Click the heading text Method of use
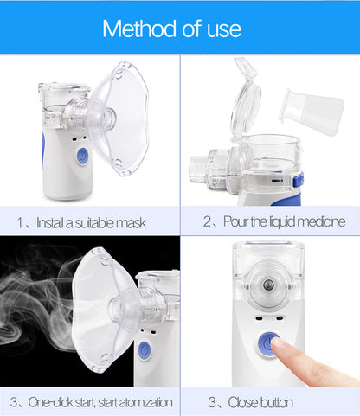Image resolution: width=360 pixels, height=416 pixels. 171,28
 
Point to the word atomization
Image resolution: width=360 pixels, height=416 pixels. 147,402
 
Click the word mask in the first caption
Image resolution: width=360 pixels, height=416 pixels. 132,222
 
